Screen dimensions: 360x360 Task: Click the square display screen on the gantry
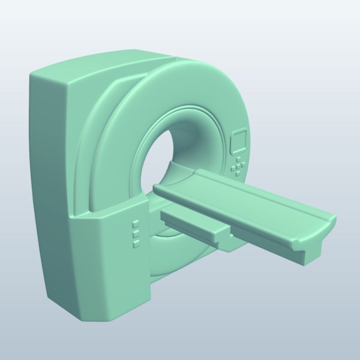pos(239,143)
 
